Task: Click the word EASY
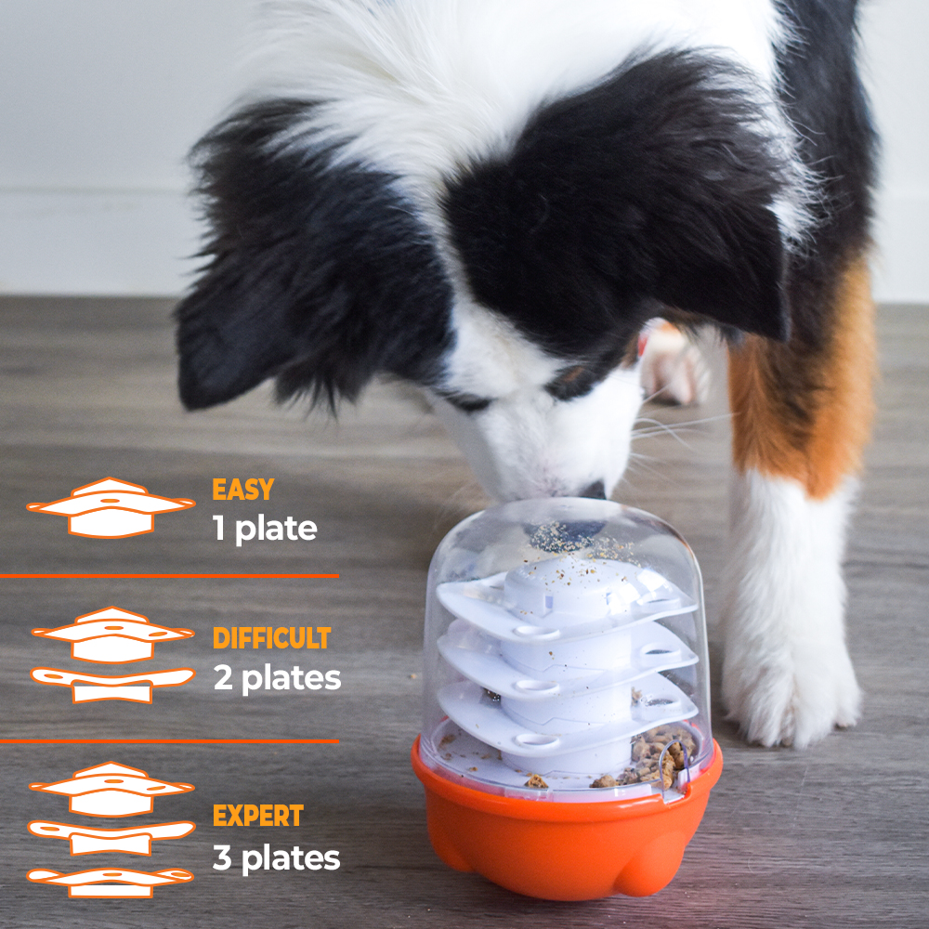[242, 490]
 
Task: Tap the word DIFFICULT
[271, 638]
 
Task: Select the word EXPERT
[257, 816]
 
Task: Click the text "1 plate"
[265, 529]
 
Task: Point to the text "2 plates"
[277, 678]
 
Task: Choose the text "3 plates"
[277, 857]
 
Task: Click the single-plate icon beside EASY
[111, 508]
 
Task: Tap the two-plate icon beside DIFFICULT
[112, 655]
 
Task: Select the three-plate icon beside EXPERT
[111, 830]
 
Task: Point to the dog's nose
[593, 491]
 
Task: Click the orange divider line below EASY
[169, 575]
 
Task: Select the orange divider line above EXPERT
[169, 740]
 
